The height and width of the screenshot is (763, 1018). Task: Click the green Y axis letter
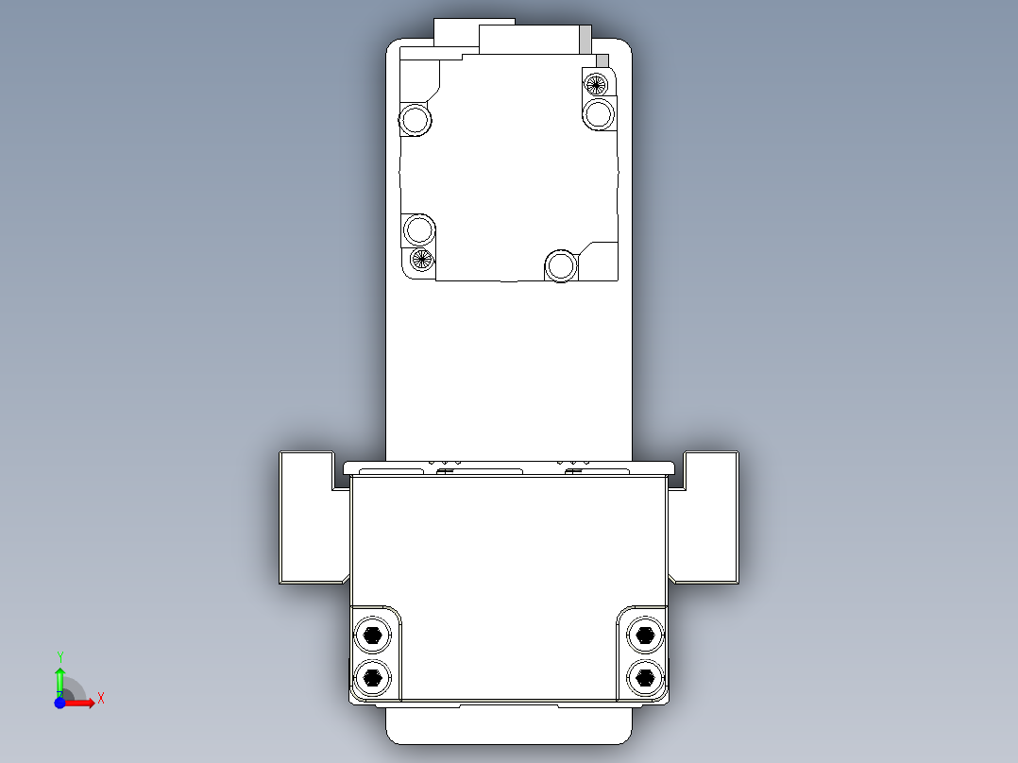(x=60, y=655)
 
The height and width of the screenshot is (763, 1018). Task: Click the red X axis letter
(x=100, y=698)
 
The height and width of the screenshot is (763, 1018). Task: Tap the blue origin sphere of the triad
(x=59, y=703)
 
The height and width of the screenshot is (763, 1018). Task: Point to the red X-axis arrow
(x=83, y=703)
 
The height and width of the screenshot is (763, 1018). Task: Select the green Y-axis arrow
(x=59, y=678)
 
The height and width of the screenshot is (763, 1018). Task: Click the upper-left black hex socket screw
(x=373, y=635)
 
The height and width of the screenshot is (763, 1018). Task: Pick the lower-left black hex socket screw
(x=373, y=676)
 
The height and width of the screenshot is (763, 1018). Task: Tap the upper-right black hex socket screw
(x=645, y=635)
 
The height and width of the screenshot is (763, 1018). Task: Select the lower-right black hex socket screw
(x=645, y=676)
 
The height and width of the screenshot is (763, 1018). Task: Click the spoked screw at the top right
(x=596, y=83)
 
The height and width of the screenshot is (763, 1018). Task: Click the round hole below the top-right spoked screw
(x=599, y=115)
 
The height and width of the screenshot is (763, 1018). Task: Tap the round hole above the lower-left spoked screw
(x=417, y=229)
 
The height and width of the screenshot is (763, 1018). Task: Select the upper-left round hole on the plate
(x=415, y=120)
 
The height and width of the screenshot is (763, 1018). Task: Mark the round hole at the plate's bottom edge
(x=561, y=266)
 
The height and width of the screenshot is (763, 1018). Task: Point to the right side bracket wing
(x=710, y=517)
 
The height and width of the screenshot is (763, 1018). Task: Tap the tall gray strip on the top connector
(x=585, y=40)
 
